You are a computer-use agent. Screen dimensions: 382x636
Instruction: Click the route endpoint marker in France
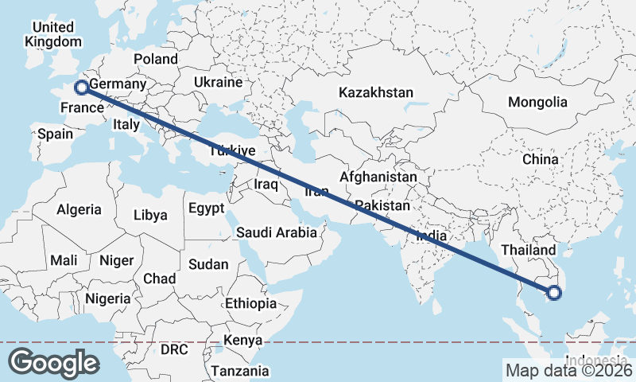[80, 88]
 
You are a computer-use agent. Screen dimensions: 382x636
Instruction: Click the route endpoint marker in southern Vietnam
[555, 294]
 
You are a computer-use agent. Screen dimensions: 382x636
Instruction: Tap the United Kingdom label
[53, 34]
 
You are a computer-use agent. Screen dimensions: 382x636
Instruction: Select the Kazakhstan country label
[375, 93]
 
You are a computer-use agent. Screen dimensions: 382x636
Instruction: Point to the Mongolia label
[538, 102]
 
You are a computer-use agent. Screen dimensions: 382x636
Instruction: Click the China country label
[541, 159]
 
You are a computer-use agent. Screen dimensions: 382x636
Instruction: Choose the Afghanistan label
[378, 177]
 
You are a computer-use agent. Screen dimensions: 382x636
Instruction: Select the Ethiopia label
[250, 303]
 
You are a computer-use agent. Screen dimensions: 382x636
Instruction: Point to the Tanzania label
[240, 371]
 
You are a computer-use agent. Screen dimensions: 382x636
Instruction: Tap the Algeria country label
[79, 209]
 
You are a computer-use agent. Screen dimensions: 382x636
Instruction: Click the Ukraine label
[219, 83]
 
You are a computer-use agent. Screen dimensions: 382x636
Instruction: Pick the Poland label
[156, 59]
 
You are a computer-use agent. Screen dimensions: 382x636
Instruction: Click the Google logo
[53, 362]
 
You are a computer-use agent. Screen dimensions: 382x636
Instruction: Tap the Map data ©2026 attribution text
[568, 369]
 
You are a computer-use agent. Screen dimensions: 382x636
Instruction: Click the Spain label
[56, 134]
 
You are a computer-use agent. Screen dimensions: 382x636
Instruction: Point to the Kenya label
[242, 341]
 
